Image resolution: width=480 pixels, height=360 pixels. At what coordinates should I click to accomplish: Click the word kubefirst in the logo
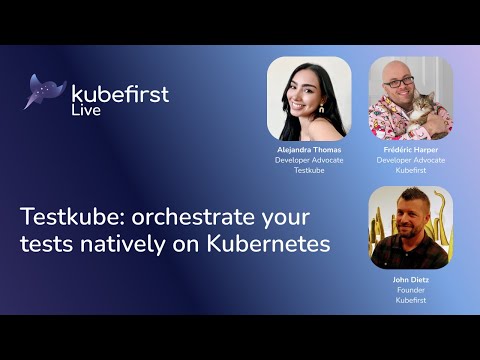point(120,94)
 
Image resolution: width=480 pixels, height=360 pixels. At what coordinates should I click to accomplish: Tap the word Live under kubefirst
point(86,110)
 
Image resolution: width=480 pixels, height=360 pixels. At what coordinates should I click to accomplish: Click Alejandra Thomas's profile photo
point(309,98)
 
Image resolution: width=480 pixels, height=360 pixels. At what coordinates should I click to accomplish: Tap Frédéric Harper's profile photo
point(410,98)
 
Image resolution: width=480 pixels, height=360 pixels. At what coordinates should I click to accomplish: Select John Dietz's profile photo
point(410,227)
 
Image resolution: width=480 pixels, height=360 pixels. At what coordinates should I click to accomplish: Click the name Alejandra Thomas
point(309,149)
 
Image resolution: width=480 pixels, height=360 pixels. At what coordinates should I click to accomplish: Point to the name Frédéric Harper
point(410,149)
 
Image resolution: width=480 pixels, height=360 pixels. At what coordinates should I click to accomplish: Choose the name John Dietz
point(410,280)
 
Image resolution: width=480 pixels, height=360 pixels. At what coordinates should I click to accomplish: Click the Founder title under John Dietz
point(410,290)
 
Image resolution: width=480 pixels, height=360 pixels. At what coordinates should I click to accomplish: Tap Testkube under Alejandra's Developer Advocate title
point(309,169)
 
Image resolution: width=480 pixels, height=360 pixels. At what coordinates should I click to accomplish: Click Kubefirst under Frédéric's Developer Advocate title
point(410,169)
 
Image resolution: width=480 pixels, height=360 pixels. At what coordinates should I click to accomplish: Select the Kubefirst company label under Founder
point(410,300)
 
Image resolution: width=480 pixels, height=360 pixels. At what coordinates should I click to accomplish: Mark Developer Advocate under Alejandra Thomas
point(309,159)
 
